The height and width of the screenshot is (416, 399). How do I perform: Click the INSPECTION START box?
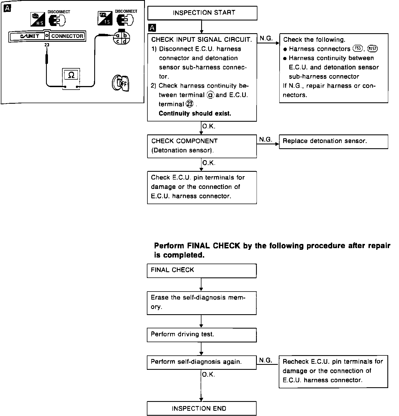click(x=202, y=13)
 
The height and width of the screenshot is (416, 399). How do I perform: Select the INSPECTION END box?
click(x=201, y=408)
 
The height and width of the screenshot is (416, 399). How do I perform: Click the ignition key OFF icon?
click(x=121, y=83)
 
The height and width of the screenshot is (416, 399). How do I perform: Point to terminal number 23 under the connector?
click(x=47, y=45)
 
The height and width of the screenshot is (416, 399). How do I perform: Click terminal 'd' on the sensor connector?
click(x=125, y=41)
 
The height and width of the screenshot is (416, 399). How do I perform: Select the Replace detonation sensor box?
click(x=333, y=141)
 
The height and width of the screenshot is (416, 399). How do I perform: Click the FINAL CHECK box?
click(x=201, y=270)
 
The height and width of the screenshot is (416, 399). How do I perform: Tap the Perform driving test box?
click(x=201, y=334)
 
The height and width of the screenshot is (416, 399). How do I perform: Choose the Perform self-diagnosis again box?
click(x=201, y=362)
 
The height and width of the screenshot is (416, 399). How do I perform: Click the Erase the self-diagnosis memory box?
click(x=201, y=303)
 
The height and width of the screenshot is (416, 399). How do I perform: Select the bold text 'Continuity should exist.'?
click(x=195, y=113)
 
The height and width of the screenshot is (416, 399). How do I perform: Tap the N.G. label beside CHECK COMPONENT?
click(x=266, y=140)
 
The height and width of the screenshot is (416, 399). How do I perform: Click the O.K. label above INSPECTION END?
click(x=208, y=375)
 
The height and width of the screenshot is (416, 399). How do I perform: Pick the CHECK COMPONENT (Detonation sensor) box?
click(x=202, y=146)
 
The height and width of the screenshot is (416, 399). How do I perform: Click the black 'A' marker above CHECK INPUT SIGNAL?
click(x=152, y=28)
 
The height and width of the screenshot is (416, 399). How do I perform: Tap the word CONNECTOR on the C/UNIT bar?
click(x=67, y=36)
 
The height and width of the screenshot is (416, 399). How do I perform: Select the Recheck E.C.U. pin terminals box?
click(x=333, y=371)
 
